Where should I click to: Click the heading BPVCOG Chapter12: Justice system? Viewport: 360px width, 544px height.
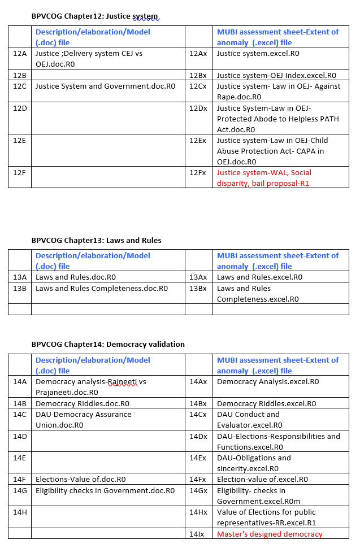[95, 16]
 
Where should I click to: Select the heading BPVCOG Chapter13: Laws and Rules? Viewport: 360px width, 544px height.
[96, 240]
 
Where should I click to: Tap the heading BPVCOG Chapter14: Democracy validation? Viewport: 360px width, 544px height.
[108, 344]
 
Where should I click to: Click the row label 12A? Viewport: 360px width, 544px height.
[20, 54]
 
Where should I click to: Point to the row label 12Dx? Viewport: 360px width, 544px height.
[198, 108]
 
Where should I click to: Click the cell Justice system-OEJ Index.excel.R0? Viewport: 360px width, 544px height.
[276, 75]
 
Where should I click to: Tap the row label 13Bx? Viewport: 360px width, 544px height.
[198, 288]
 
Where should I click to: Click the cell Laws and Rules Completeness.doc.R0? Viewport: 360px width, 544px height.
[102, 288]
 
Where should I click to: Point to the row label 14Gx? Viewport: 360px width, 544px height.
[198, 490]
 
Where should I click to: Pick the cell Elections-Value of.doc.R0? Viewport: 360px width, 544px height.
[80, 479]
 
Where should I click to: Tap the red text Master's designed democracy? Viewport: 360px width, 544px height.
[270, 534]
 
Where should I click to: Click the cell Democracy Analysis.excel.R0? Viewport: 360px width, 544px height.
[268, 381]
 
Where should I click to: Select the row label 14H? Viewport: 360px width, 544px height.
[20, 512]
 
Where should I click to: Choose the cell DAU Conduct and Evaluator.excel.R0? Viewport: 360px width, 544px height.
[249, 420]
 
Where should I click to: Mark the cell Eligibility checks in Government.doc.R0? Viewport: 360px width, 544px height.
[105, 490]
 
